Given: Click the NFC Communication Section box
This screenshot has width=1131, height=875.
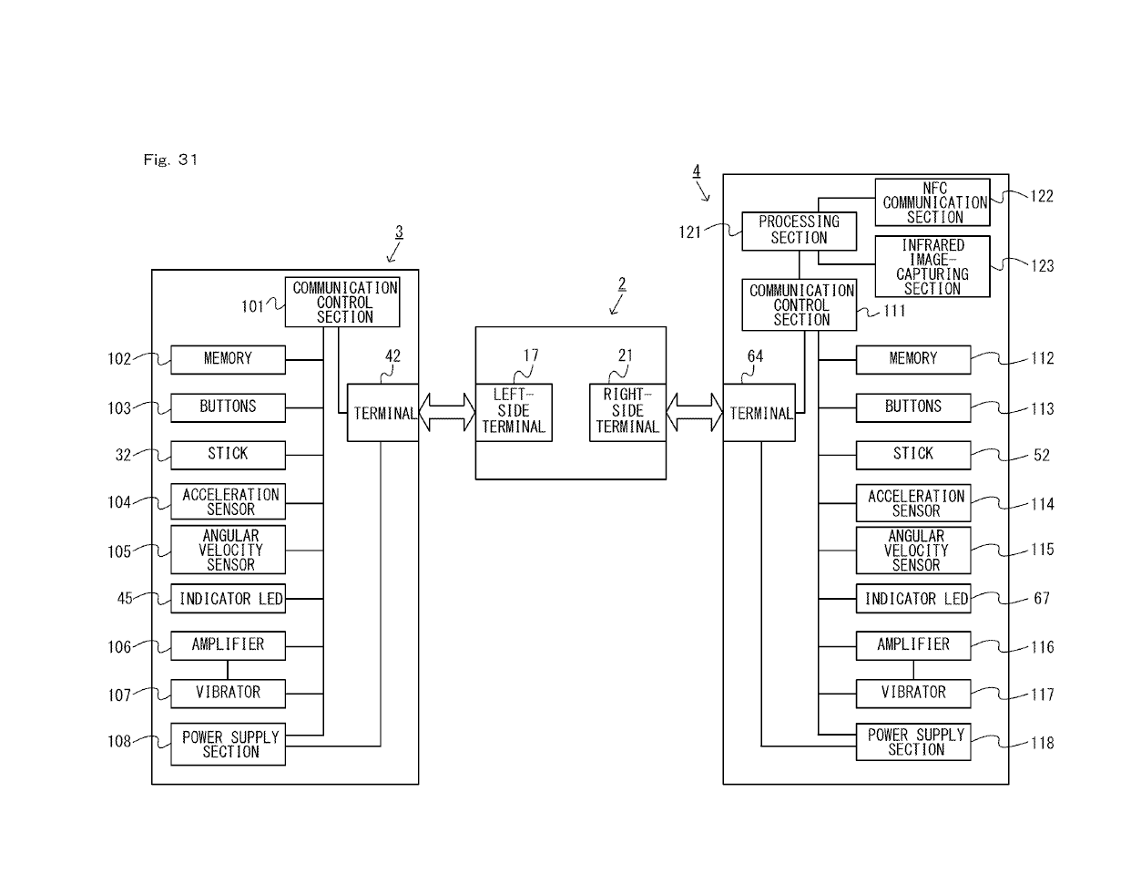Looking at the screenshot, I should [x=932, y=202].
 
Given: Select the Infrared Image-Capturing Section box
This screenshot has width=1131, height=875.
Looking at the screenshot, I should [x=932, y=266].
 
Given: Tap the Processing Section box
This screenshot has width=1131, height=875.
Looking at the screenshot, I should [x=799, y=231].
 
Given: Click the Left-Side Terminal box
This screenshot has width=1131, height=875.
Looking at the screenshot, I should [x=514, y=412].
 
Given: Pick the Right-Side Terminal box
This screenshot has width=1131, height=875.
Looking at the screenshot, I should [x=627, y=412].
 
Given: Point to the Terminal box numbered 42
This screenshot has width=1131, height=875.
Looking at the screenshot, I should [x=382, y=413].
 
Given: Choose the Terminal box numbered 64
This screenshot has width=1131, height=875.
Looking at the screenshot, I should [x=759, y=413].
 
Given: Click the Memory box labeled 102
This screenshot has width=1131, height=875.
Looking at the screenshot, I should [x=228, y=359].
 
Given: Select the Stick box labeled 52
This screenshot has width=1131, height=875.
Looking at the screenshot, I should [x=912, y=454].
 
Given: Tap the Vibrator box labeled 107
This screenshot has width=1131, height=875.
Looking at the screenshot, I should [x=228, y=693].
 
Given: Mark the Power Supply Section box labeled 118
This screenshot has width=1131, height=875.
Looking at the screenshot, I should [x=912, y=742].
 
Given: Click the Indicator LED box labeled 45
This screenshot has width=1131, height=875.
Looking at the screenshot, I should [x=228, y=599].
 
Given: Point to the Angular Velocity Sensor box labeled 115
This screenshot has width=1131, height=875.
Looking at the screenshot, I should [x=912, y=551].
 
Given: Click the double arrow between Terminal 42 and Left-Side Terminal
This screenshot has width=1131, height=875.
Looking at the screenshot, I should [x=447, y=413].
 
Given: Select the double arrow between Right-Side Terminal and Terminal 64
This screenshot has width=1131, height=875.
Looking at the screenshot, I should [x=694, y=413].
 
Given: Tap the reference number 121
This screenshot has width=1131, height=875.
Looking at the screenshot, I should [x=690, y=232].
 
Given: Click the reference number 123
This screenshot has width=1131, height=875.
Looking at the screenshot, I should [x=1042, y=266].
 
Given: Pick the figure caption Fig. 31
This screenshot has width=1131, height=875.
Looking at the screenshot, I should [x=170, y=160].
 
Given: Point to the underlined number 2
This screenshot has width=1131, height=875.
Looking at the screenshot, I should [x=622, y=284].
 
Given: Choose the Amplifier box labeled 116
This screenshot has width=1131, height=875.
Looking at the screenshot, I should [x=912, y=645].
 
